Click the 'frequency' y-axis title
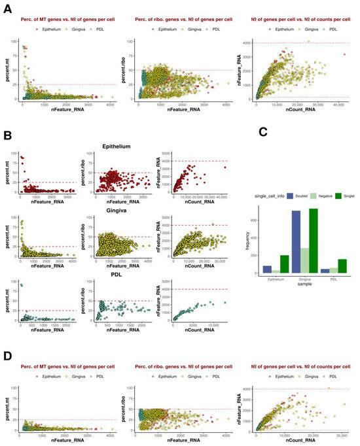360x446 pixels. point(230,242)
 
